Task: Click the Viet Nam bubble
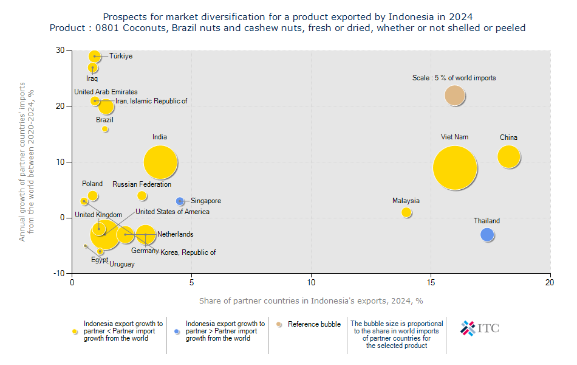pos(454,167)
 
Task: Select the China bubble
pos(509,156)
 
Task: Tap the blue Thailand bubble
pos(487,235)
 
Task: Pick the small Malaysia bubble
pos(406,212)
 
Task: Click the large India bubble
pos(160,162)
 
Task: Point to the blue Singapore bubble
pos(180,201)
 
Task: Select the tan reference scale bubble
pos(454,96)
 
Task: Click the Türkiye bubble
pos(94,56)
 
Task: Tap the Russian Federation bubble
pos(142,196)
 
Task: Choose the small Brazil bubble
pos(105,129)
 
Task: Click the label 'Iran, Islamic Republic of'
pos(151,101)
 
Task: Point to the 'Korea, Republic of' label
pos(188,252)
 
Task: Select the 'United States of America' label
pos(172,212)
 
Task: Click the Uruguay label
pos(122,264)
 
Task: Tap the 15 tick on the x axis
pos(431,282)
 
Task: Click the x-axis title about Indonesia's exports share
pos(311,301)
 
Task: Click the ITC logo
pos(480,328)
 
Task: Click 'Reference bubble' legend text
pos(314,324)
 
